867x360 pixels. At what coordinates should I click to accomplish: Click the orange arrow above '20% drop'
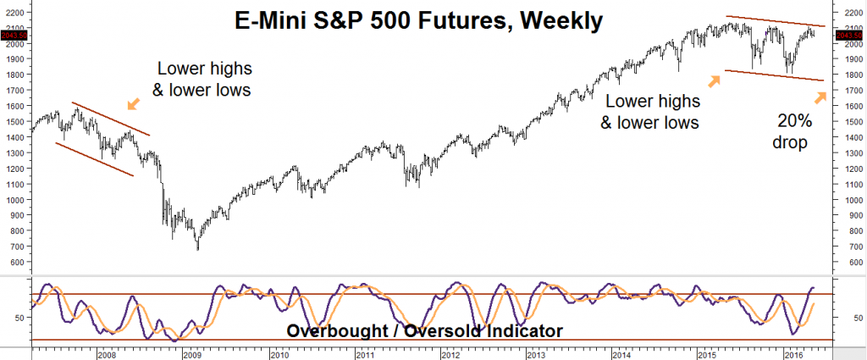coord(819,98)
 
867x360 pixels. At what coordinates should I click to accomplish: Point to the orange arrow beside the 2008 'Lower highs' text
coord(134,104)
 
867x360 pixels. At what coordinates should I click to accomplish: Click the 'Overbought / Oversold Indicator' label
coord(424,330)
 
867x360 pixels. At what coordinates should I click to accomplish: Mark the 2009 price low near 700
coord(198,248)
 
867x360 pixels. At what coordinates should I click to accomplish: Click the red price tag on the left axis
coord(16,35)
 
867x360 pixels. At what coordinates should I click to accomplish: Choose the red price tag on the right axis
coord(850,35)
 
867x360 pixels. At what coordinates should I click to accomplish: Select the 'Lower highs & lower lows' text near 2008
coord(205,79)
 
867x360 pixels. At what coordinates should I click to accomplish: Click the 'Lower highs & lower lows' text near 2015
coord(650,112)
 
